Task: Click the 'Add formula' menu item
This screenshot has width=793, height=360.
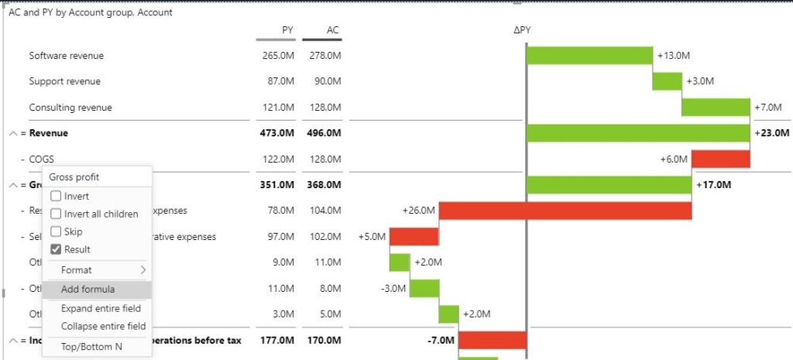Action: point(88,290)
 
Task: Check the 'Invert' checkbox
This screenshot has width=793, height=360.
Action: point(56,197)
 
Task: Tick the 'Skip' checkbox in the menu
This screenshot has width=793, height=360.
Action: point(56,231)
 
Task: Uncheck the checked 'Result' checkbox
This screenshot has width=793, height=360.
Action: point(56,249)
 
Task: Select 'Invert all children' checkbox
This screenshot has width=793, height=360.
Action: point(56,214)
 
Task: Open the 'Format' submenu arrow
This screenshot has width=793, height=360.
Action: point(142,270)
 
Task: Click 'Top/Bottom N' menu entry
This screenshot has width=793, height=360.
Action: point(91,346)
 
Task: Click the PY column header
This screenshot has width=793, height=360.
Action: point(287,30)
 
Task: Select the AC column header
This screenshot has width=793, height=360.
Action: point(332,30)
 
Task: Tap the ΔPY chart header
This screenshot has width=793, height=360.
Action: point(523,30)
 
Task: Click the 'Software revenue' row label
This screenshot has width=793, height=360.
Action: point(66,56)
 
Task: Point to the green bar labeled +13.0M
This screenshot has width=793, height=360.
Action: point(589,56)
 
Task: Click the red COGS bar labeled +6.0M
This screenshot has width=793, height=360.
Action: point(720,159)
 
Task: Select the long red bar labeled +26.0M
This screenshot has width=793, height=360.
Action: point(565,211)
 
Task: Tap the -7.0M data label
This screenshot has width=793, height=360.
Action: point(440,341)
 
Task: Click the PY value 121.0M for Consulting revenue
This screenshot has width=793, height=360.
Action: point(278,108)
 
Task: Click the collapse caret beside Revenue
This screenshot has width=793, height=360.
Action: point(13,133)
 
